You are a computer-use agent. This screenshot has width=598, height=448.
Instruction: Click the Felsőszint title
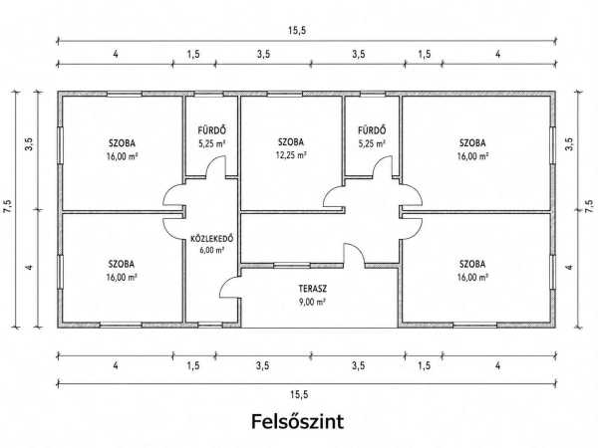click(297, 422)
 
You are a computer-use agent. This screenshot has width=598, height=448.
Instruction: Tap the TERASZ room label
click(313, 289)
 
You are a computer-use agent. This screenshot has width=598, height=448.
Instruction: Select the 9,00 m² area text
click(312, 302)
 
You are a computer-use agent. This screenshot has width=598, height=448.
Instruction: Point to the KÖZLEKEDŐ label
click(211, 239)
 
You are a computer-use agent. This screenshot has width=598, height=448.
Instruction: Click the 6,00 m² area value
click(211, 250)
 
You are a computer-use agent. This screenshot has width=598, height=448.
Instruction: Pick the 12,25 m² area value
click(291, 155)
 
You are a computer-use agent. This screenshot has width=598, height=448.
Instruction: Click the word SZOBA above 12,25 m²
click(291, 142)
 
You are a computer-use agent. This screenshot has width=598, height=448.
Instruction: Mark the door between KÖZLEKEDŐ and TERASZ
click(230, 288)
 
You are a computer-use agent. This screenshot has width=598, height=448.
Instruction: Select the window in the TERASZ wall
click(292, 266)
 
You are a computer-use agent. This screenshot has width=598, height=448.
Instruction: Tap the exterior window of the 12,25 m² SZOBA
click(284, 94)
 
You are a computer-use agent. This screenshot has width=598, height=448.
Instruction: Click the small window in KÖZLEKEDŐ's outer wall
click(210, 325)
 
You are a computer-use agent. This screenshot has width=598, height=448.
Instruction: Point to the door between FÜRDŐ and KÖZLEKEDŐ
click(215, 167)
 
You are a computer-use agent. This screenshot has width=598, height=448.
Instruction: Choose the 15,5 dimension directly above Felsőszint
click(299, 394)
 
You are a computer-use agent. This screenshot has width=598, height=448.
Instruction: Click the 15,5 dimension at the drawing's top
click(297, 31)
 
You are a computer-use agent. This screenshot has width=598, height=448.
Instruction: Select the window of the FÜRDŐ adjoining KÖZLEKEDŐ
click(209, 94)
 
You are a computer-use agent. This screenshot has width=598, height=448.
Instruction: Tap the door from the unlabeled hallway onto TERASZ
click(354, 253)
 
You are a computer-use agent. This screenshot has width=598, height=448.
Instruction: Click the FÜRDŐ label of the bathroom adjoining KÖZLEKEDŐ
click(211, 130)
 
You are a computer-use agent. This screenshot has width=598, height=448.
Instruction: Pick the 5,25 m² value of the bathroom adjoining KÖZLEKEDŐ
click(211, 144)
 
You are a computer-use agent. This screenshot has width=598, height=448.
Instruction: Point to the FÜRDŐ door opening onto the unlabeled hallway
click(382, 167)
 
